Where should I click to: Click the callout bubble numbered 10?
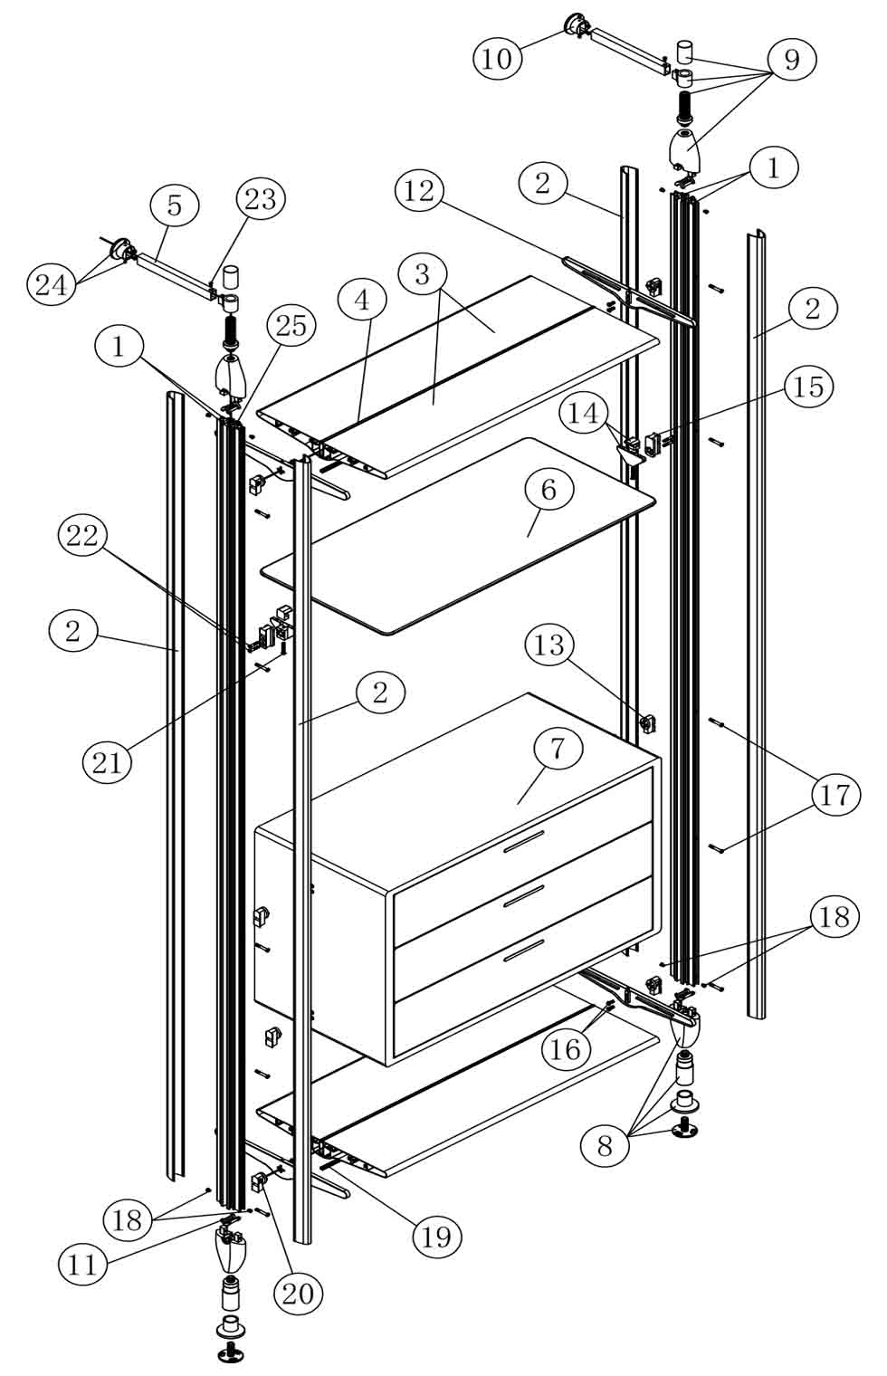coord(497,59)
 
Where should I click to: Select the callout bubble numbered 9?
coord(791,60)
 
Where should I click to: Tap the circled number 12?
coord(420,191)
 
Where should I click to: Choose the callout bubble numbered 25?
coord(291,327)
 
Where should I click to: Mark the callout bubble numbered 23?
coord(261,199)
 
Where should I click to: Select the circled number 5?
coord(175,205)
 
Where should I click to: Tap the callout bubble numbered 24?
coord(51,284)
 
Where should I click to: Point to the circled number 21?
coord(107,762)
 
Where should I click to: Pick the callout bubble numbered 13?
coord(549,645)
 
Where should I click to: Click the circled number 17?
coord(835,795)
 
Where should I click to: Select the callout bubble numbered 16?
coord(567,1048)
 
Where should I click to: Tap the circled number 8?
coord(605,1145)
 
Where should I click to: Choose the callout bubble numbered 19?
coord(436,1236)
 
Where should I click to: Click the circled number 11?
coord(82,1264)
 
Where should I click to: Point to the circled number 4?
coord(362,300)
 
